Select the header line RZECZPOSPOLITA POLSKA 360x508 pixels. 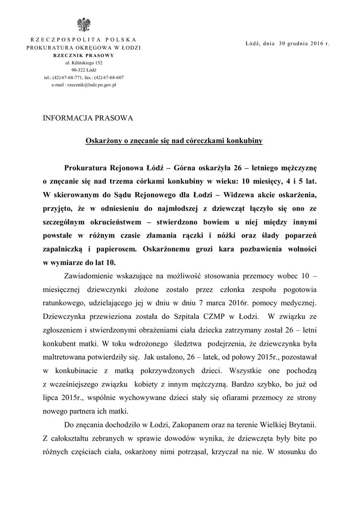point(83,39)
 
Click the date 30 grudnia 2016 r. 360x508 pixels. point(304,44)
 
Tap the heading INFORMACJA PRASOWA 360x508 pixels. point(88,118)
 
